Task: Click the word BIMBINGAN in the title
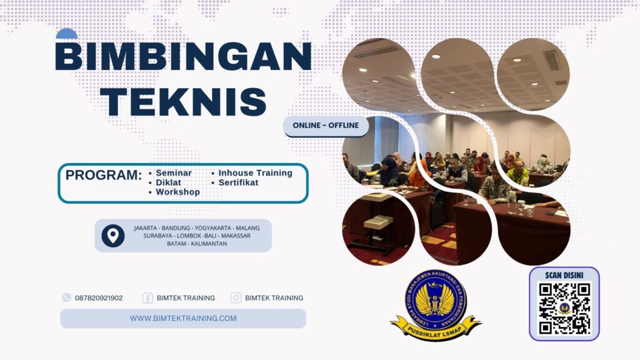tap(183, 57)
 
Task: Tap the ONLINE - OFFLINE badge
tap(326, 126)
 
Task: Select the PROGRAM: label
tap(104, 176)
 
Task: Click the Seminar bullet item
tap(174, 173)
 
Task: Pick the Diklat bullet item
tap(169, 182)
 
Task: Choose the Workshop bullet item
tap(177, 192)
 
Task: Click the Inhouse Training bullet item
tap(255, 173)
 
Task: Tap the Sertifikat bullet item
tap(238, 182)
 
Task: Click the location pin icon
tap(112, 236)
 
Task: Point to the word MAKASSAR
tap(240, 236)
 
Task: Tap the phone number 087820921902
tap(99, 298)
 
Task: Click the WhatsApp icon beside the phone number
tap(66, 297)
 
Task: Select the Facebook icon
tap(147, 298)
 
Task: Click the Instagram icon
tap(236, 298)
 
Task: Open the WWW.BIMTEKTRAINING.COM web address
tap(183, 318)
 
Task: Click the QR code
tap(564, 308)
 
